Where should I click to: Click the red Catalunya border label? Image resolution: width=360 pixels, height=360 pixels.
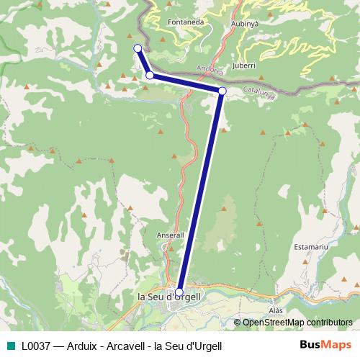tap(257, 92)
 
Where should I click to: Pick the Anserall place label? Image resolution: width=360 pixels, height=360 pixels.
tap(171, 235)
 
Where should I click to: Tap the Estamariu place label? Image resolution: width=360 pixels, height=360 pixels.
tap(311, 247)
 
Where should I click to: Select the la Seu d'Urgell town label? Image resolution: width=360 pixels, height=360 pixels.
tap(168, 296)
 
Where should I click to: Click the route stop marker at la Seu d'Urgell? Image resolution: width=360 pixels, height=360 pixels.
tap(179, 292)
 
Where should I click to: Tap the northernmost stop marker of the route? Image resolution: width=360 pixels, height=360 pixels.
tap(138, 48)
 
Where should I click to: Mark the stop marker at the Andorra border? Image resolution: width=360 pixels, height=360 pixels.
tap(222, 91)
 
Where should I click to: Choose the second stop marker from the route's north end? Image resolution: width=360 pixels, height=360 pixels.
tap(150, 75)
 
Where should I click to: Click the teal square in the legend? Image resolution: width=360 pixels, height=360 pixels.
tap(10, 345)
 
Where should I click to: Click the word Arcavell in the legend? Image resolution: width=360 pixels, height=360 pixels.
tap(126, 345)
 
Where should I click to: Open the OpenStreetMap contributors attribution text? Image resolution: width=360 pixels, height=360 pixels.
tap(297, 323)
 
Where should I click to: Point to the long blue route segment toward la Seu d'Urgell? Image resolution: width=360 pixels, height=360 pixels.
tap(201, 191)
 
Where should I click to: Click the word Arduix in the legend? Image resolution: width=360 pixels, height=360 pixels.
tap(82, 345)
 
